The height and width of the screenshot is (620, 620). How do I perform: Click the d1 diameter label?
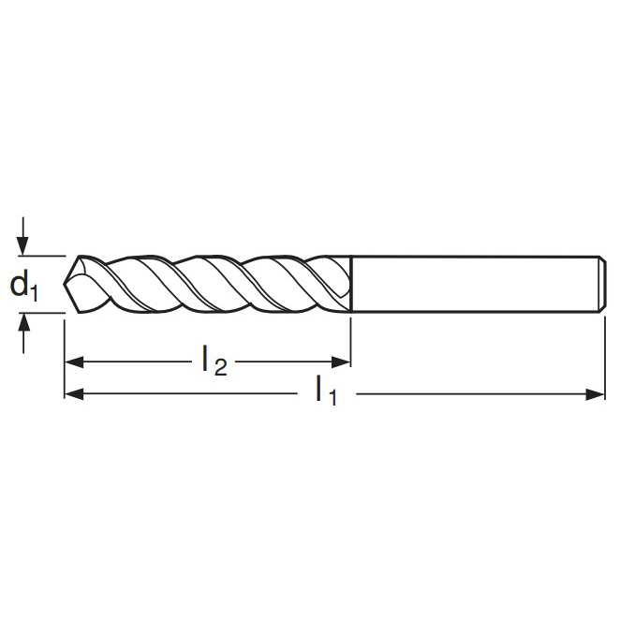click(23, 286)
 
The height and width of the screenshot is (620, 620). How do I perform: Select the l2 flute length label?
click(214, 361)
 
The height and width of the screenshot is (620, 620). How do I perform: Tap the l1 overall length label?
click(326, 391)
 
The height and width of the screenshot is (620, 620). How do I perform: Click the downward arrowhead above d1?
click(23, 245)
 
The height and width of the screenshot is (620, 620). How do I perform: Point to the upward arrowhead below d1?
click(23, 322)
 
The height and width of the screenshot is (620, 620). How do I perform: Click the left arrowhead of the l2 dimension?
click(74, 362)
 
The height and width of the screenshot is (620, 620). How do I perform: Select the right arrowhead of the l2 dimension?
click(341, 362)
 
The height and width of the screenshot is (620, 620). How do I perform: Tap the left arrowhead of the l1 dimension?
click(74, 394)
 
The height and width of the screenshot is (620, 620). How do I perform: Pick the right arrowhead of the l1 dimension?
click(596, 394)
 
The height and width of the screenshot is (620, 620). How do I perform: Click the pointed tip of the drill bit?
click(64, 284)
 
